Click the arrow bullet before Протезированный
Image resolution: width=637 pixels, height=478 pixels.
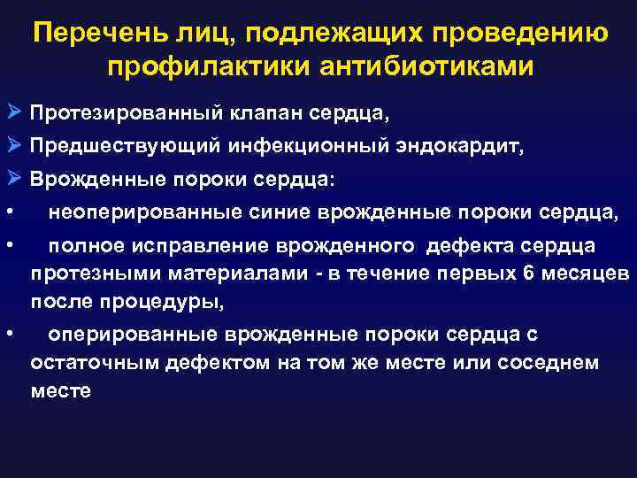pyautogui.click(x=12, y=114)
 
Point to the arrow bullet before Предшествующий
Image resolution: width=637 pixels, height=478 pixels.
pyautogui.click(x=12, y=147)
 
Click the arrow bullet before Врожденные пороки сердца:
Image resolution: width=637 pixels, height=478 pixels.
pyautogui.click(x=12, y=179)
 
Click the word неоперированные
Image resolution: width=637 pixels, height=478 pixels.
pyautogui.click(x=141, y=212)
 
